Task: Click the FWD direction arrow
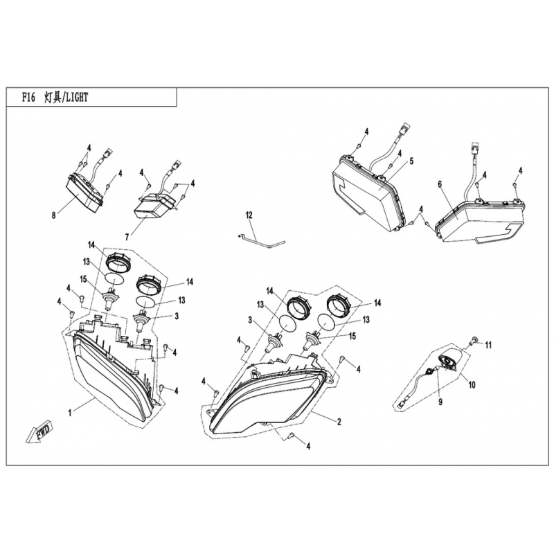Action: click(x=39, y=431)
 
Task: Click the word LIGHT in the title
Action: click(x=77, y=98)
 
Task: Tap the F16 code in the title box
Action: click(x=28, y=98)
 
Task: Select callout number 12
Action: click(x=249, y=215)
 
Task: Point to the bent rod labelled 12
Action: click(x=262, y=241)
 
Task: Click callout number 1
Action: click(x=70, y=412)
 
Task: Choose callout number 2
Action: click(x=339, y=422)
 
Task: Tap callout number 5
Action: click(x=411, y=161)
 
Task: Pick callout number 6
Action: click(x=440, y=184)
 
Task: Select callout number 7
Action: click(x=127, y=235)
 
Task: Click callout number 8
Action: click(x=54, y=215)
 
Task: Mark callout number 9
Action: click(x=440, y=402)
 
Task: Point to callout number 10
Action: click(x=472, y=384)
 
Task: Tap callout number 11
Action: click(x=488, y=345)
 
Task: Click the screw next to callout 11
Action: click(x=474, y=340)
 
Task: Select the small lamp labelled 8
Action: click(x=84, y=194)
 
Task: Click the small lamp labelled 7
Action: click(x=154, y=206)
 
